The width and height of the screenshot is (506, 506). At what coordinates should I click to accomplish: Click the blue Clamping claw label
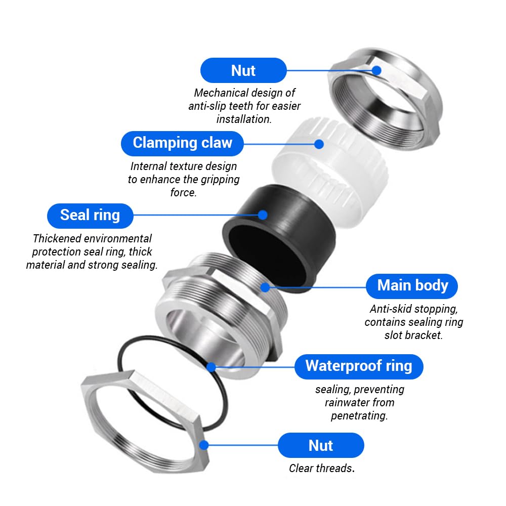182,143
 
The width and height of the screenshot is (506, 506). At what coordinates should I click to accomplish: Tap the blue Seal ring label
90,216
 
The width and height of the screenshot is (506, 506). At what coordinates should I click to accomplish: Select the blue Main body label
412,286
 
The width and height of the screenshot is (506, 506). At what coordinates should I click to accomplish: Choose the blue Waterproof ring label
359,366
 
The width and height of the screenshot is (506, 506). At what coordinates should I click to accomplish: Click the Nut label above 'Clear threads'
321,445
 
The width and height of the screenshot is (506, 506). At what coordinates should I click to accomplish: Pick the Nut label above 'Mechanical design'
243,70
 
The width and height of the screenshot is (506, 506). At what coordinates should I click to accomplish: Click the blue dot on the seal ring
263,215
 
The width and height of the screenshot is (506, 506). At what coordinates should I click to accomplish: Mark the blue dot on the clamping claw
319,144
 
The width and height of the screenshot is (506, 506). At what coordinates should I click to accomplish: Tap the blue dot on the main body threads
265,287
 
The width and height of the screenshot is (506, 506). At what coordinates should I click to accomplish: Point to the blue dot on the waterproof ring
211,367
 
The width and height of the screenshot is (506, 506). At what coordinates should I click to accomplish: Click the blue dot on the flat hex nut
204,445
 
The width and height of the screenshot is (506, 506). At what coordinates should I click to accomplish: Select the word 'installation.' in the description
244,119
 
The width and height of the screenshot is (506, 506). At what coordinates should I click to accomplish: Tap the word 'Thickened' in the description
57,238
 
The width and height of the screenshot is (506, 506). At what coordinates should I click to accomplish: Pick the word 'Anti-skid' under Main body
391,309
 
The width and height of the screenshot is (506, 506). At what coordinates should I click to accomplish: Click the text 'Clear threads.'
322,468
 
